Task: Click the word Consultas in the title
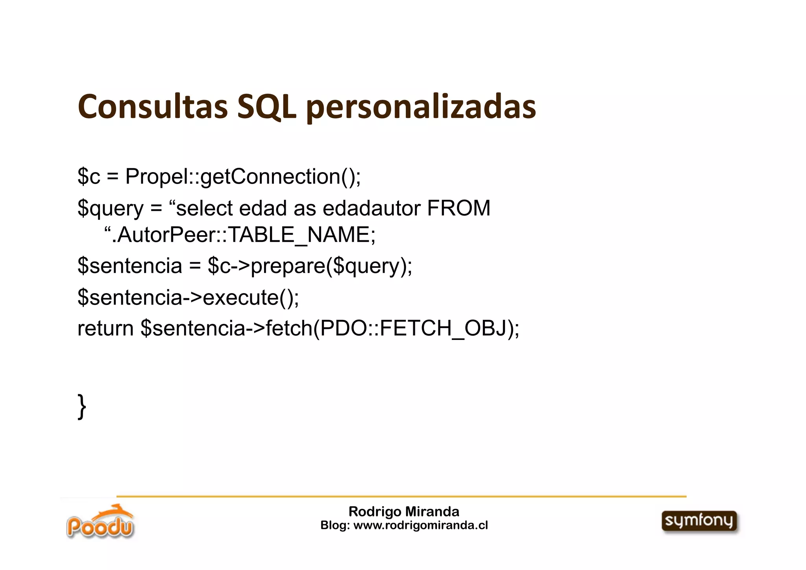pyautogui.click(x=153, y=107)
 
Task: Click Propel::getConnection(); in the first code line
pyautogui.click(x=243, y=176)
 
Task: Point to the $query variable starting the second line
pyautogui.click(x=111, y=209)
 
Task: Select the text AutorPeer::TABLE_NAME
pyautogui.click(x=243, y=236)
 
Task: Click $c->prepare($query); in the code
pyautogui.click(x=310, y=266)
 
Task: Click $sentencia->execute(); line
pyautogui.click(x=188, y=297)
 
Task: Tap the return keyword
pyautogui.click(x=105, y=329)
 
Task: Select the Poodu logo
pyautogui.click(x=100, y=522)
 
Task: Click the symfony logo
pyautogui.click(x=699, y=522)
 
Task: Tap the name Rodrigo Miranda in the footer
pyautogui.click(x=404, y=512)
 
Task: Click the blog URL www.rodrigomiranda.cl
pyautogui.click(x=421, y=525)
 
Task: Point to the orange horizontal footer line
pyautogui.click(x=401, y=497)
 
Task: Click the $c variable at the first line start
pyautogui.click(x=89, y=176)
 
